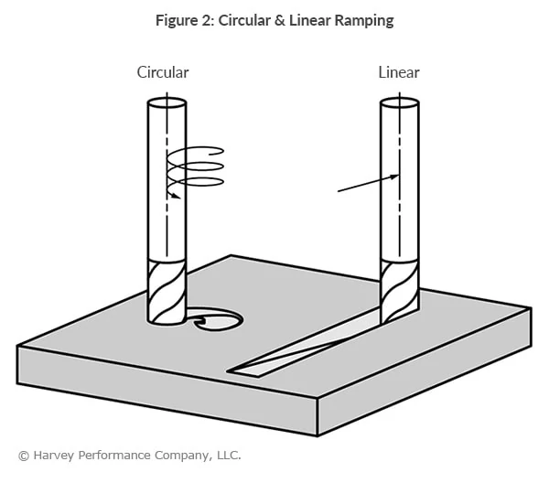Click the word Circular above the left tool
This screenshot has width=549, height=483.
pos(163,72)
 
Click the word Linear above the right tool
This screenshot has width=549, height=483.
pos(398,72)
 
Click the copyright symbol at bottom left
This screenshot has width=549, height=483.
pos(23,455)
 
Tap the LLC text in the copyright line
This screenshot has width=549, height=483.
pos(226,455)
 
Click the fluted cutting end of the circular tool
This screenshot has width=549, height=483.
pos(167,290)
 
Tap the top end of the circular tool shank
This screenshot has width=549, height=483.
pos(167,103)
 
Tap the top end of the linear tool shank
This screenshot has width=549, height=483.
pos(400,103)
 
